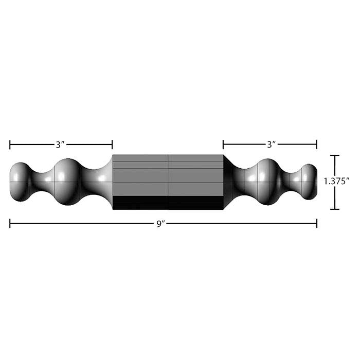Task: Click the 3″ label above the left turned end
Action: coord(61,145)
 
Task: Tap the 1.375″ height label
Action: coord(337,182)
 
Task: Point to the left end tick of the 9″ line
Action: coord(10,223)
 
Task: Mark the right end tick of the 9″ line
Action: coord(316,223)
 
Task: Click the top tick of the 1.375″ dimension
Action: coord(335,155)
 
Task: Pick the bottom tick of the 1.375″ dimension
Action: coord(335,209)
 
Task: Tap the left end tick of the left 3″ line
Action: coord(10,145)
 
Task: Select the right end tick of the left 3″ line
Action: coord(112,145)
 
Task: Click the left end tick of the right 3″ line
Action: coord(223,145)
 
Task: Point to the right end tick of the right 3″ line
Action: coord(316,145)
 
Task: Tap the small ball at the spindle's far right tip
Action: coord(309,182)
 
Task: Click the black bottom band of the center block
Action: coord(168,203)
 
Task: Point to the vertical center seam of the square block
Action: coord(168,175)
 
